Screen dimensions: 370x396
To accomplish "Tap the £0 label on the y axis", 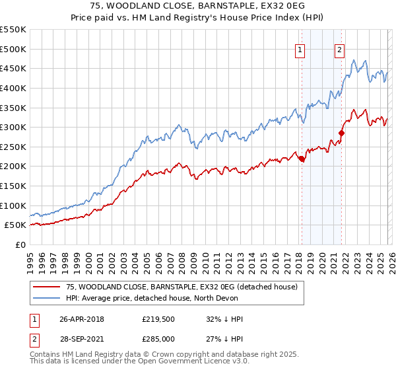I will coord(20,244).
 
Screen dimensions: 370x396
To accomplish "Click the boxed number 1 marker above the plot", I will coord(300,49).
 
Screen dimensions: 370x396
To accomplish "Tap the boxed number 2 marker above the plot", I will coord(340,49).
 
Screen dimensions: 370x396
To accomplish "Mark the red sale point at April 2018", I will coord(302,159).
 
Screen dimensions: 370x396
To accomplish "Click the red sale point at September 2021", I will coord(342,133).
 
